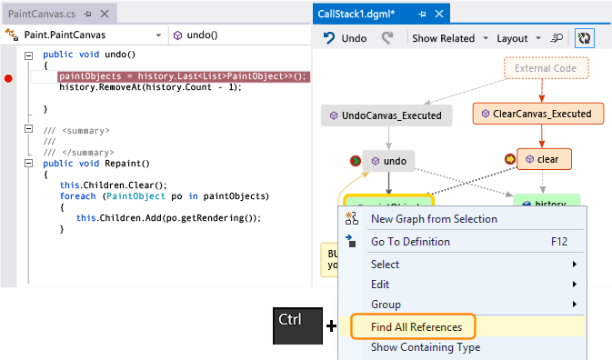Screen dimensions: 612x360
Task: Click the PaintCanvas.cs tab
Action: pos(40,15)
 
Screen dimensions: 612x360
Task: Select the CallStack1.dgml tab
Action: pos(362,15)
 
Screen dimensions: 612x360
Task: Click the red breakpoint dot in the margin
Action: pos(9,78)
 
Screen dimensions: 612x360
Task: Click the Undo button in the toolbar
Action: pos(346,38)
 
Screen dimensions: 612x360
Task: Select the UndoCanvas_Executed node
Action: pos(386,115)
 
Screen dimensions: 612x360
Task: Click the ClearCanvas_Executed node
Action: pos(538,114)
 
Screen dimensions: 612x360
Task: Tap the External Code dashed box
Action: pos(546,68)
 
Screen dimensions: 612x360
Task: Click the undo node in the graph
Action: pos(389,161)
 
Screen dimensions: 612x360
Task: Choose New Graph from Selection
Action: pos(434,218)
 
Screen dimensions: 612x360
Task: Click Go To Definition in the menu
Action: pos(410,242)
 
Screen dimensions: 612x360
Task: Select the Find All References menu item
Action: pos(416,326)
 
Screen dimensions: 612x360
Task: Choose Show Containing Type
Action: pos(425,346)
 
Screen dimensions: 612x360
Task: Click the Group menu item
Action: pos(386,305)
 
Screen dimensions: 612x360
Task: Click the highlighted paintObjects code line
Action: pos(182,76)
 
